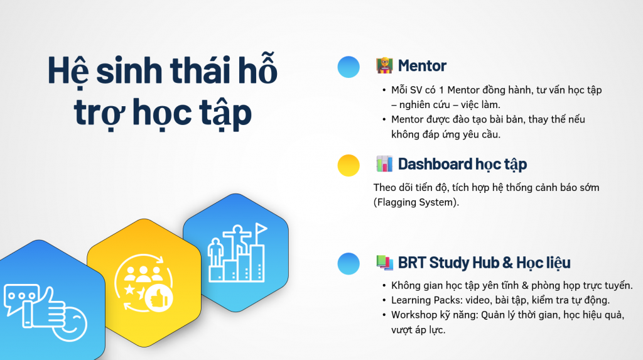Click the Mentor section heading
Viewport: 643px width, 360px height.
click(x=422, y=66)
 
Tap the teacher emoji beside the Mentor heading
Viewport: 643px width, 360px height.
click(x=384, y=66)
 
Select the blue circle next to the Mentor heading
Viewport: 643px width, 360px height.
click(x=349, y=67)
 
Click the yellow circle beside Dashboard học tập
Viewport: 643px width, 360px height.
click(x=349, y=165)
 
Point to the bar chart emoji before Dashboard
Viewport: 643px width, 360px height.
click(x=384, y=164)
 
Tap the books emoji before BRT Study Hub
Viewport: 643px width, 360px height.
click(x=384, y=262)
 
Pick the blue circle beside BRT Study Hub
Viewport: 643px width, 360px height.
click(x=349, y=263)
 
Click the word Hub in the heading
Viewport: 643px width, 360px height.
click(x=486, y=262)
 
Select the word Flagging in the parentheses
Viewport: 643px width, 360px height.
click(x=396, y=202)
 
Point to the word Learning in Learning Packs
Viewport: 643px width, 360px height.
click(x=409, y=300)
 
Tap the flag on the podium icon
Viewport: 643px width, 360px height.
click(x=261, y=229)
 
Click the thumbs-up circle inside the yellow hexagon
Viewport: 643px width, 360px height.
click(x=159, y=298)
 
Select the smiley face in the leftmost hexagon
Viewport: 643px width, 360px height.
click(x=70, y=324)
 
